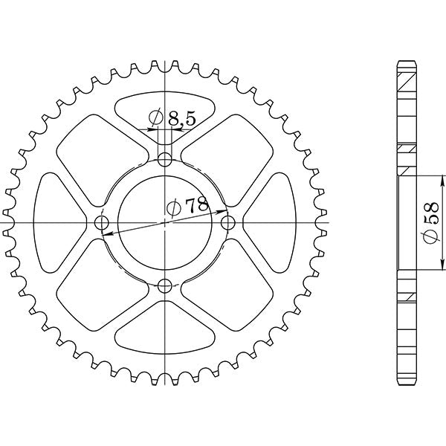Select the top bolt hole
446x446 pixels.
click(x=165, y=158)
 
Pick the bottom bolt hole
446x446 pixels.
click(x=165, y=285)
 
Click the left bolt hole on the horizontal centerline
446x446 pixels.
click(x=102, y=222)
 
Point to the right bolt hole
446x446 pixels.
click(x=228, y=222)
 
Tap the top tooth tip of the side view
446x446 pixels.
click(x=405, y=61)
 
